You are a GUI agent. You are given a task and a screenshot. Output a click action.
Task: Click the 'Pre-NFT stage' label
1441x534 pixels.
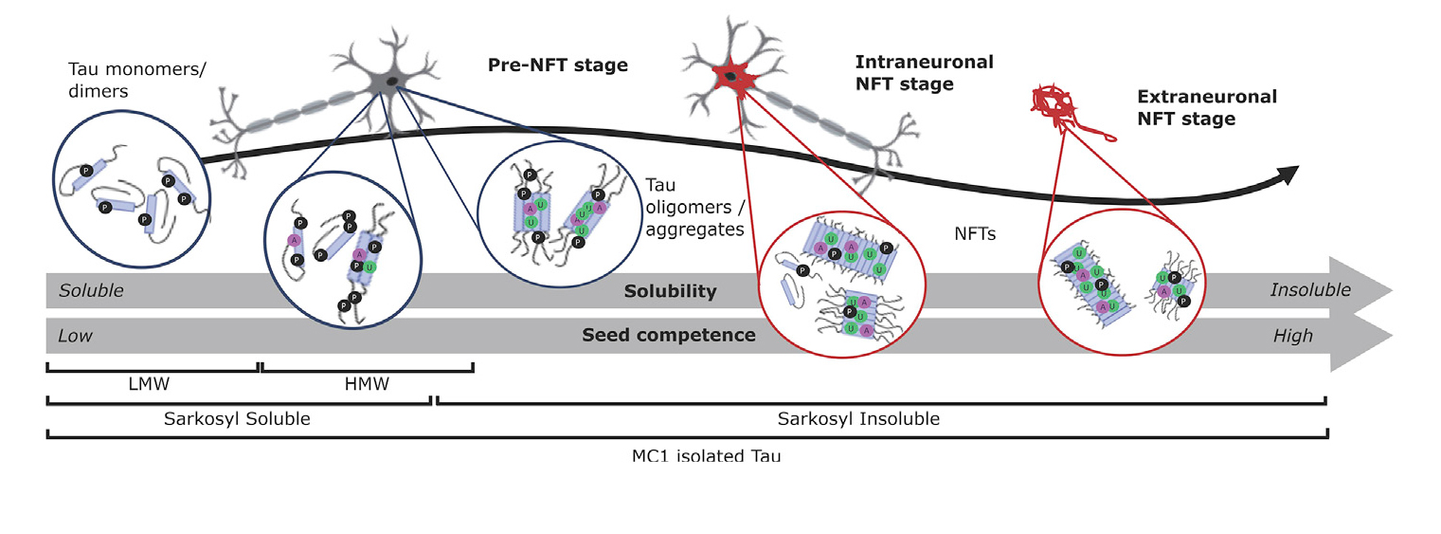pos(558,65)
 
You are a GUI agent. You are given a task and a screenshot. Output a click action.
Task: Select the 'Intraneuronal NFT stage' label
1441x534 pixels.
pos(924,73)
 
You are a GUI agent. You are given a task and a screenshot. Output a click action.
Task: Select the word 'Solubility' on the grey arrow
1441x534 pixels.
pos(670,291)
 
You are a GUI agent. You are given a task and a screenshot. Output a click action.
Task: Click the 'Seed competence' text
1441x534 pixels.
pos(669,335)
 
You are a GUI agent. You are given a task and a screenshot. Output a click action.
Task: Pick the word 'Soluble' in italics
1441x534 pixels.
pos(91,291)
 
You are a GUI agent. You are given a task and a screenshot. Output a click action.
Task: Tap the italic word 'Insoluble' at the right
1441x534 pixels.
pos(1310,290)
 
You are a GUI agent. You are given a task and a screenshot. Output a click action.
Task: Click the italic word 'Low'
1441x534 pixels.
pos(76,336)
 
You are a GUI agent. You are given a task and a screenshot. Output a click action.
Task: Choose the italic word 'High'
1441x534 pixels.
pos(1293,336)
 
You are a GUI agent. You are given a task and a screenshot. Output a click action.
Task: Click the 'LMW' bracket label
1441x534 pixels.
pos(151,385)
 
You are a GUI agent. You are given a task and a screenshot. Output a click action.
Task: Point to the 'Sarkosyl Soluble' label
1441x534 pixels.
pos(238,417)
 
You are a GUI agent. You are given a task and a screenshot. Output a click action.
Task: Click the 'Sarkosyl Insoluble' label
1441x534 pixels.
pos(858,417)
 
